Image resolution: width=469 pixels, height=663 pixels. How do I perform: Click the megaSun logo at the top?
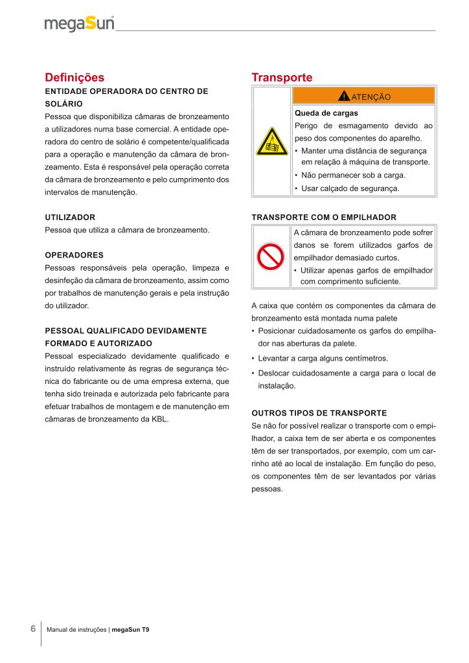79,24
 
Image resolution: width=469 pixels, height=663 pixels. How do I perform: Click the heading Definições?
74,78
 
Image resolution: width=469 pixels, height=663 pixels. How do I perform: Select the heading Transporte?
282,78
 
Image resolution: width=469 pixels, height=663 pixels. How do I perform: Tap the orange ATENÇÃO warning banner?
363,96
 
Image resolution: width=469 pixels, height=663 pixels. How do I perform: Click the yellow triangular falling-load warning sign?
272,142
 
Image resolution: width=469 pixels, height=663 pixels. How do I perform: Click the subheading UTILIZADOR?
70,217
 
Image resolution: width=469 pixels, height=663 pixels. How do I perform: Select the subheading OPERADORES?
74,254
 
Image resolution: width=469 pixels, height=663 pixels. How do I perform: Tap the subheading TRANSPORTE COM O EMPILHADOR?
323,217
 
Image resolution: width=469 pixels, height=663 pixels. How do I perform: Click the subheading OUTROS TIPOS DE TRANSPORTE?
319,412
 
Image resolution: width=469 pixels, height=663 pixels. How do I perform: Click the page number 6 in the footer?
32,629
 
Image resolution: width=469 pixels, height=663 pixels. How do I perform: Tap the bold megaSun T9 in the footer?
130,629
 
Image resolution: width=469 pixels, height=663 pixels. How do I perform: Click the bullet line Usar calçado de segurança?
350,188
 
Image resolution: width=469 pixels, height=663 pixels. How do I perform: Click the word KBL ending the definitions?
160,419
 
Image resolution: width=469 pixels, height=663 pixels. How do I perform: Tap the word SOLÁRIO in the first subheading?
63,104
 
